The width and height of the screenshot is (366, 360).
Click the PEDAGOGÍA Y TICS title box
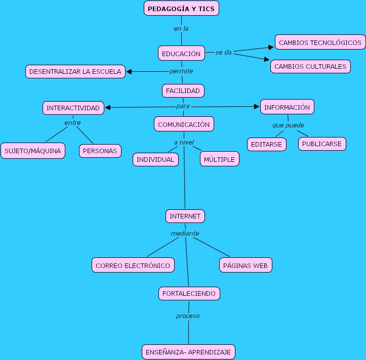182,9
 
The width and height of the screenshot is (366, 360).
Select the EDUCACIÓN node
181,53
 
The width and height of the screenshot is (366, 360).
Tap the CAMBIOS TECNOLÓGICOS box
320,42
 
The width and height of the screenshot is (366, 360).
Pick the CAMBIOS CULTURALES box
310,66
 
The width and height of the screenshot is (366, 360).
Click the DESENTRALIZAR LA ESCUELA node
75,72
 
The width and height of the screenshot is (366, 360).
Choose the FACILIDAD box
183,91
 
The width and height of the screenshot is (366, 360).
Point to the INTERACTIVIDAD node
73,108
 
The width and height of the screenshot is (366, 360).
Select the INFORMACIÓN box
287,107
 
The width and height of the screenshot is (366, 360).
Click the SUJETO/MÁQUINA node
33,151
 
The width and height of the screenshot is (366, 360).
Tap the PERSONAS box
100,151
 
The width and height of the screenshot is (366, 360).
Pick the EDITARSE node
267,144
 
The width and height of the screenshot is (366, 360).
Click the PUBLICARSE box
322,144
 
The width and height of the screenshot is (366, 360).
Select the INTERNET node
185,216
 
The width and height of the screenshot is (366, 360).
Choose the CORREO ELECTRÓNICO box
133,265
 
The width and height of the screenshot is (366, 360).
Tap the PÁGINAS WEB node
246,265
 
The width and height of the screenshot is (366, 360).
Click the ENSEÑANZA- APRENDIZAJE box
188,352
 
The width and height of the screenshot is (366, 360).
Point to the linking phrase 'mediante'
185,234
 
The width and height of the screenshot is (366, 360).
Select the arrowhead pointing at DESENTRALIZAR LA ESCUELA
129,72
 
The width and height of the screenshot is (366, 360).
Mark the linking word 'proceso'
188,316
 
